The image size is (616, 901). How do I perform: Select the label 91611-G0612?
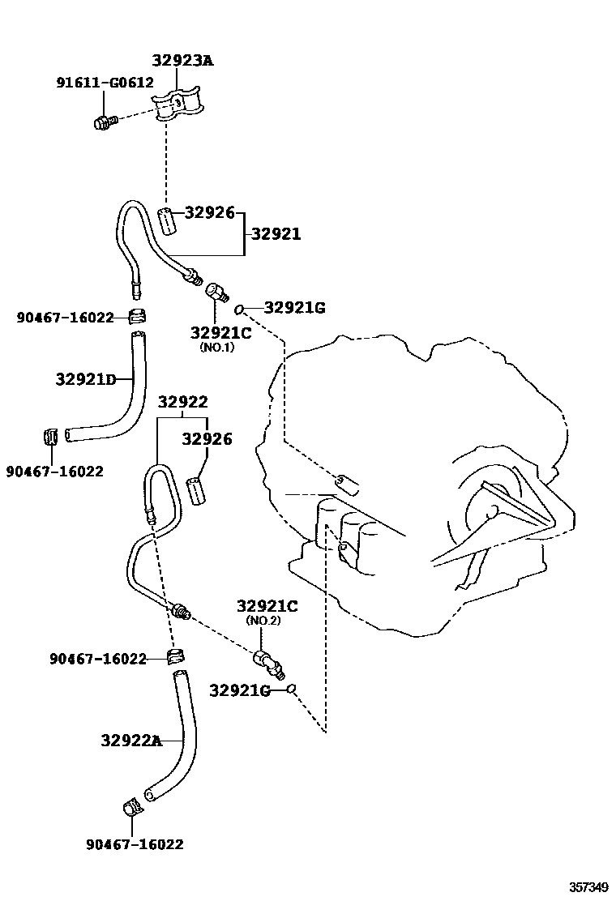pos(105,83)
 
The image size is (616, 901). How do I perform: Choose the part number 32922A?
pos(131,739)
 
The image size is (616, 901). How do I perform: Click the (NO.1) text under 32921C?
pos(216,347)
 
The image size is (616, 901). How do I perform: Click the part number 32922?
pos(182,402)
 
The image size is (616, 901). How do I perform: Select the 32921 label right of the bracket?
pos(275,234)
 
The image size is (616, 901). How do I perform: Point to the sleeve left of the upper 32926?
pos(166,220)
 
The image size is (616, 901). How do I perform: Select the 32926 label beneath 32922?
pos(207,439)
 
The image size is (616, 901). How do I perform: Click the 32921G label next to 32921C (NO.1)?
pos(293,308)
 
